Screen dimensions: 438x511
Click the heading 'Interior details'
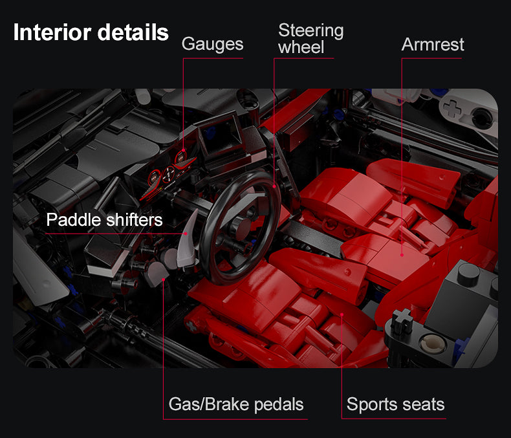pyautogui.click(x=91, y=32)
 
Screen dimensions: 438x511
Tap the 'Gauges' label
pyautogui.click(x=212, y=44)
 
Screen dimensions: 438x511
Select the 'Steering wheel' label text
pyautogui.click(x=310, y=39)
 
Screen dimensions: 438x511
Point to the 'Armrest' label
pyautogui.click(x=433, y=44)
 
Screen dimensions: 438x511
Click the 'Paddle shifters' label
pyautogui.click(x=104, y=220)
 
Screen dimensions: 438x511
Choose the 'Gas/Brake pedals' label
pyautogui.click(x=236, y=405)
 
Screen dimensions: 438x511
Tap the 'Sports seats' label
pyautogui.click(x=395, y=405)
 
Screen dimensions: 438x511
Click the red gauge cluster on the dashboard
pyautogui.click(x=169, y=173)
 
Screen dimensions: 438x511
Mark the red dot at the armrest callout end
pyautogui.click(x=402, y=255)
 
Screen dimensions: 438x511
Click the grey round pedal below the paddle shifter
pyautogui.click(x=158, y=275)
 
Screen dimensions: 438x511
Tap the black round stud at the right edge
pyautogui.click(x=469, y=272)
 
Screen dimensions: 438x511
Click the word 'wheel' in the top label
pyautogui.click(x=301, y=47)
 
